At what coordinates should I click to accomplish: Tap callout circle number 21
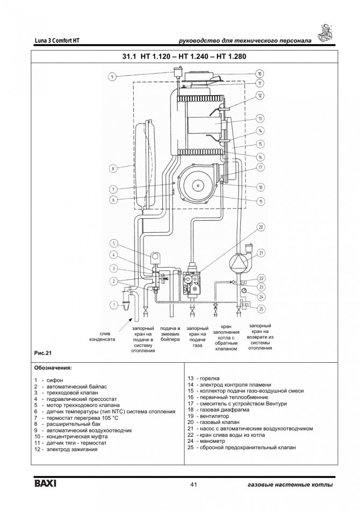point(261,252)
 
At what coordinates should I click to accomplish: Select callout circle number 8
point(113,169)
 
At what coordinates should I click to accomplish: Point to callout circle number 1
point(113,305)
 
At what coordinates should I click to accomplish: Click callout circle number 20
point(261,227)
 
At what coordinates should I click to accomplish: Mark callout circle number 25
point(261,308)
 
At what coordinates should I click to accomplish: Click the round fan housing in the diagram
point(197,185)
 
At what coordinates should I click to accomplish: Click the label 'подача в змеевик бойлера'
point(170,334)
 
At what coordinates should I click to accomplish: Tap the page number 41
point(195,485)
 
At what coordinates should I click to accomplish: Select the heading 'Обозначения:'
point(52,369)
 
